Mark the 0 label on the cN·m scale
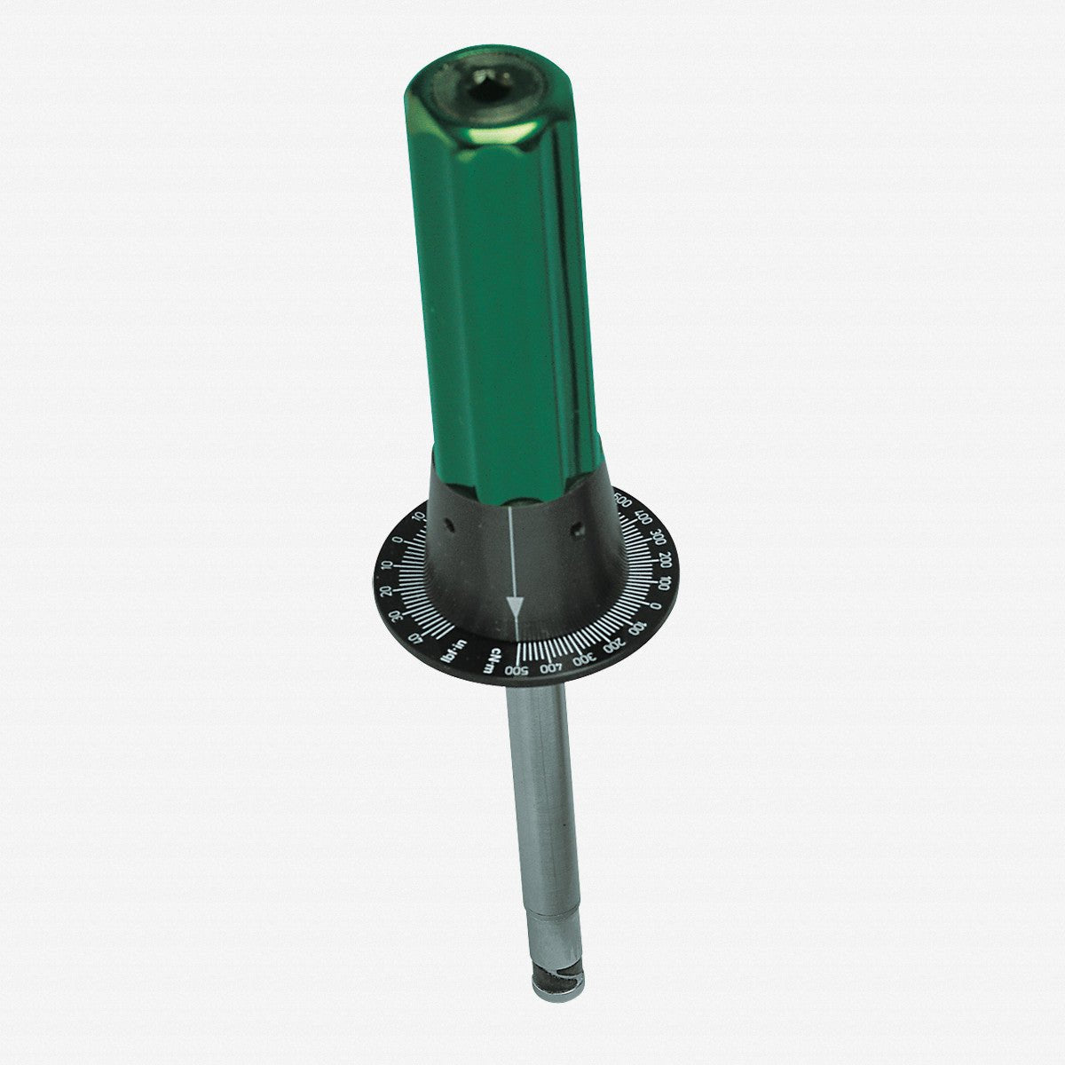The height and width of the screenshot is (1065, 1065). click(655, 605)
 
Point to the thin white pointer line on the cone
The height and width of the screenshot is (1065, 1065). click(512, 550)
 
